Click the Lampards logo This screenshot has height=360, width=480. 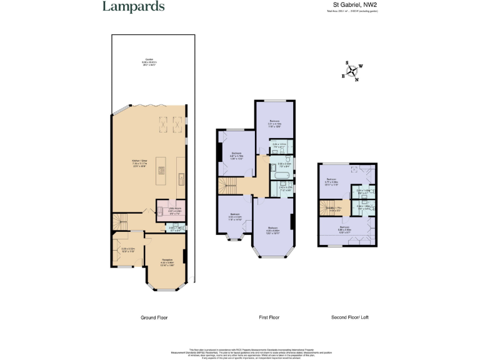tap(134, 7)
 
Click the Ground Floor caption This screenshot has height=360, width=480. tap(154, 317)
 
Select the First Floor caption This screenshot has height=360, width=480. tap(269, 317)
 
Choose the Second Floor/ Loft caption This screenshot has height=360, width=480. tap(350, 317)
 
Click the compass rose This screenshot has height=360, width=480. tap(352, 71)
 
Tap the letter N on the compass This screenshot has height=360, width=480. tap(356, 79)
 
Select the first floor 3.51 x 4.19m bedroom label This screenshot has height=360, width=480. tap(274, 122)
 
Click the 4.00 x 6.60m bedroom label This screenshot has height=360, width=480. tap(273, 230)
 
